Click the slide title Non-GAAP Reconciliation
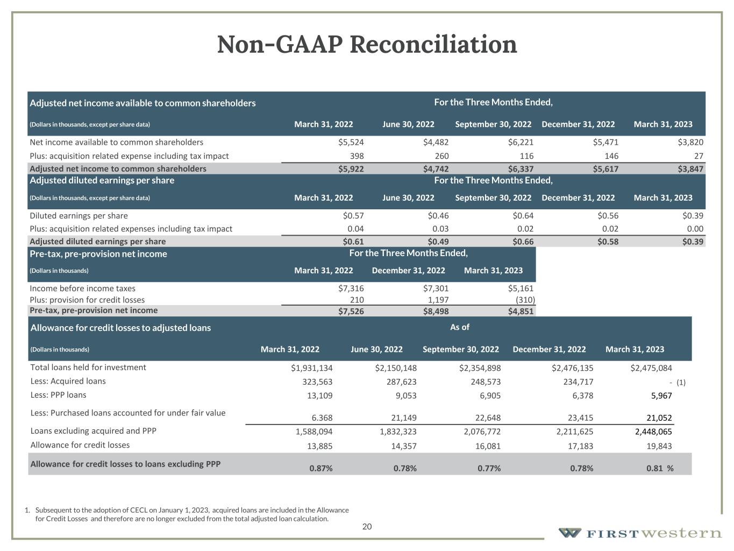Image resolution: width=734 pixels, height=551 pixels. [367, 45]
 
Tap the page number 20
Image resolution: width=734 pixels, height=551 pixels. [367, 527]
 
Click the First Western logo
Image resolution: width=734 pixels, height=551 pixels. [639, 533]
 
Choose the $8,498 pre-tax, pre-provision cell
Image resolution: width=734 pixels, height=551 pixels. [436, 311]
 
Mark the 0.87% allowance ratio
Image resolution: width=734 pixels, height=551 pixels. [321, 468]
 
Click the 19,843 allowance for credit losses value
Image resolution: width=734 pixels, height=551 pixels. [660, 446]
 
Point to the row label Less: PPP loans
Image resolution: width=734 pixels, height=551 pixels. [58, 395]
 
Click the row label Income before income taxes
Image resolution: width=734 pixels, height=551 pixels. [83, 288]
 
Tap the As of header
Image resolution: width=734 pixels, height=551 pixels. [460, 327]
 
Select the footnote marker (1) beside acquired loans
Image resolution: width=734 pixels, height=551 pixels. [681, 383]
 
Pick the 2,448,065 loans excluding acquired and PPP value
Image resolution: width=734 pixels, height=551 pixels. [653, 432]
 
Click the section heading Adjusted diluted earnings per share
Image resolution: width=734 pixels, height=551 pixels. [102, 180]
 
